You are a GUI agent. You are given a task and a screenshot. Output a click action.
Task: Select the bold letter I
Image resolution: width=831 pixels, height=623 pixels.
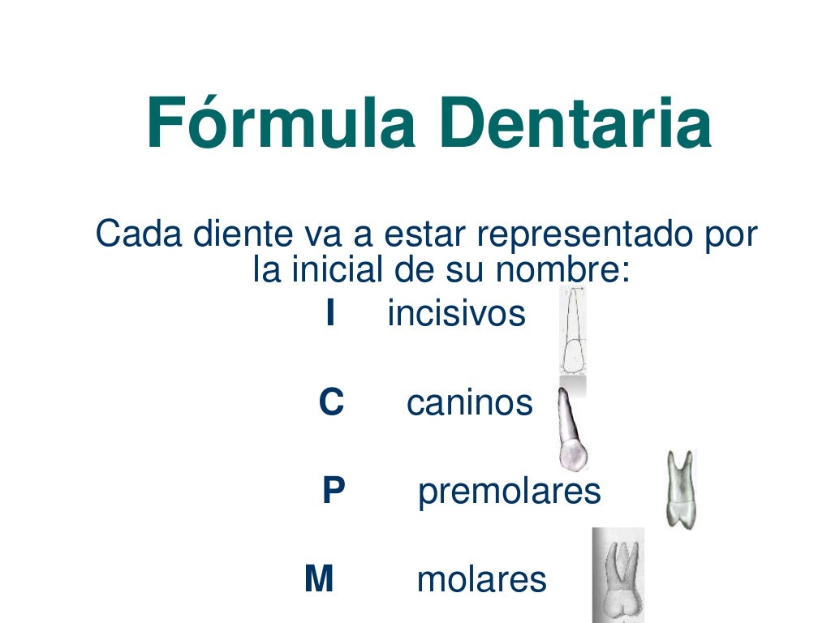pyautogui.click(x=329, y=314)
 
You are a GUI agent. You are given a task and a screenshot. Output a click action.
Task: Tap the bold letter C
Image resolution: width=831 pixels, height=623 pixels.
pyautogui.click(x=331, y=402)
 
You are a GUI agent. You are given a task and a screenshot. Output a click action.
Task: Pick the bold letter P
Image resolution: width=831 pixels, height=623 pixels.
pyautogui.click(x=334, y=491)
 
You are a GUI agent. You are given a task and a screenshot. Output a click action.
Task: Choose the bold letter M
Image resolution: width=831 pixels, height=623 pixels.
pyautogui.click(x=319, y=579)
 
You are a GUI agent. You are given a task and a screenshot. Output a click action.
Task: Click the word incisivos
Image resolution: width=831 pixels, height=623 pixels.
pyautogui.click(x=456, y=314)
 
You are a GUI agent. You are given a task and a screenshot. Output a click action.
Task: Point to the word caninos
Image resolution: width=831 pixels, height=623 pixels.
pyautogui.click(x=469, y=402)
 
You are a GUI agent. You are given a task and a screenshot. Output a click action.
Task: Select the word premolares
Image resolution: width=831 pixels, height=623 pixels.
pyautogui.click(x=509, y=492)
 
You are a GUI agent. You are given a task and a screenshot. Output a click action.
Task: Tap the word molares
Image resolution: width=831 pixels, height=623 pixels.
pyautogui.click(x=481, y=579)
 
